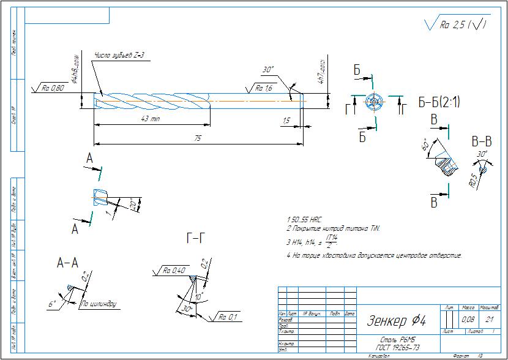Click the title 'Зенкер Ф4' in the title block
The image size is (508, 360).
tap(397, 320)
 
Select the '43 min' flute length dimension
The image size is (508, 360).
tap(151, 118)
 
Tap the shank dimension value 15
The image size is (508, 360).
tap(286, 121)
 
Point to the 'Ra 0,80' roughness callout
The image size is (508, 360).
tap(53, 88)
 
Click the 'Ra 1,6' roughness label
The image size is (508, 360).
tap(264, 88)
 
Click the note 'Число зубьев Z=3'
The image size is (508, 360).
tap(119, 56)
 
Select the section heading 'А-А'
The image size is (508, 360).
tap(67, 263)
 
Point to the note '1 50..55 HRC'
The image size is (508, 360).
tap(304, 219)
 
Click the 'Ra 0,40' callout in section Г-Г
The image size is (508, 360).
tap(174, 270)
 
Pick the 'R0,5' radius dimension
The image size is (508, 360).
tap(473, 179)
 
